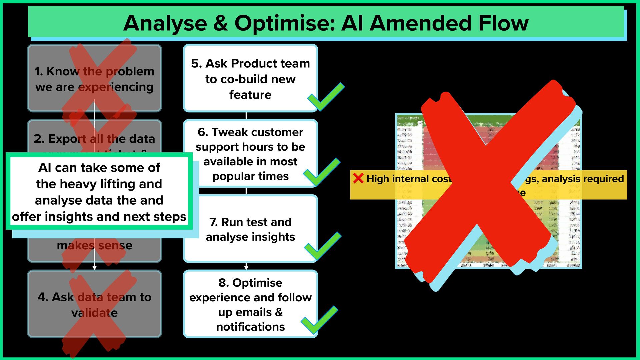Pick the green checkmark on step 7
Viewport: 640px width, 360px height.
322,247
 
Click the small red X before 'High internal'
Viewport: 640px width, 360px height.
358,178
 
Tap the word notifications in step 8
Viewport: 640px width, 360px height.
250,327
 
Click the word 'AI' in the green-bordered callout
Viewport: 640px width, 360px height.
45,167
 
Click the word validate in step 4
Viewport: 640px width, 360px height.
94,313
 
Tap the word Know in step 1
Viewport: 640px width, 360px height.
63,71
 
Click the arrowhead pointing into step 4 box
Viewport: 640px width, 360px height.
94,267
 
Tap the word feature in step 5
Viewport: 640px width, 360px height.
250,95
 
